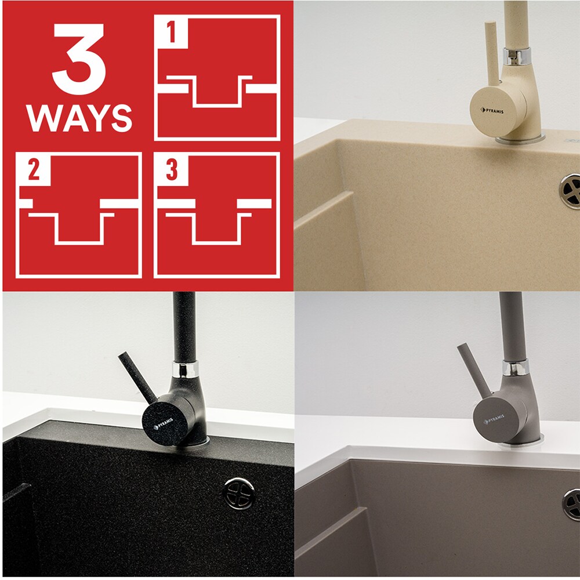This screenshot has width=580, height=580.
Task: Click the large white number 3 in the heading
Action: (79, 59)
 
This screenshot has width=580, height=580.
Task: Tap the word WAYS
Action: (79, 118)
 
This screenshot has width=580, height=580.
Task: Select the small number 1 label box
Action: (171, 32)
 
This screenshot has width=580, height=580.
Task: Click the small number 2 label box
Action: (34, 170)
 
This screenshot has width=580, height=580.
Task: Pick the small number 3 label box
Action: (172, 170)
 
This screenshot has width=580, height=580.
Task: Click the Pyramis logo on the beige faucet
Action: (492, 111)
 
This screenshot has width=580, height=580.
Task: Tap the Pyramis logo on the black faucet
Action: (163, 424)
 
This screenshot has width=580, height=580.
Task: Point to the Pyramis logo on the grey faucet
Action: (494, 419)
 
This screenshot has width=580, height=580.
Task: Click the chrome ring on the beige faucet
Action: (516, 56)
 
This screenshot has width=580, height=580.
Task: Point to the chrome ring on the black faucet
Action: (186, 369)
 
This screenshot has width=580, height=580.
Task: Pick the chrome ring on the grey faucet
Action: (515, 368)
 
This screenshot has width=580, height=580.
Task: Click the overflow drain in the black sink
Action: (239, 493)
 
